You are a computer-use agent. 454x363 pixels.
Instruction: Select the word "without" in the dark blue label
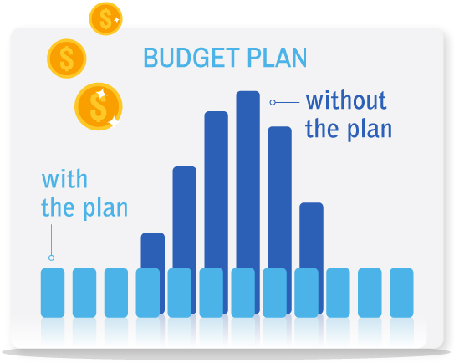coord(345,101)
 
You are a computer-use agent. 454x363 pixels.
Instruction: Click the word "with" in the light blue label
coord(64,179)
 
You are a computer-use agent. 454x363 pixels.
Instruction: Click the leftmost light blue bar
coord(53,293)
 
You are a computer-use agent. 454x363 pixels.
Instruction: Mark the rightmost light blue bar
coord(401,293)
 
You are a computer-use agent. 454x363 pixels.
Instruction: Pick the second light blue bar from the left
coord(84,293)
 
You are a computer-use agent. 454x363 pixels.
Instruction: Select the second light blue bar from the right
coord(370,293)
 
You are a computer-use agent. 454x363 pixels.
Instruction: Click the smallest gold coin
coord(105,18)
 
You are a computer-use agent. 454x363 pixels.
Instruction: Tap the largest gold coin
coord(98,106)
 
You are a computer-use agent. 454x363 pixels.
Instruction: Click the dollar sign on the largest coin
coord(97,106)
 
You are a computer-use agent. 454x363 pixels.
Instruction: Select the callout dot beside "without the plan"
coord(272,102)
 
